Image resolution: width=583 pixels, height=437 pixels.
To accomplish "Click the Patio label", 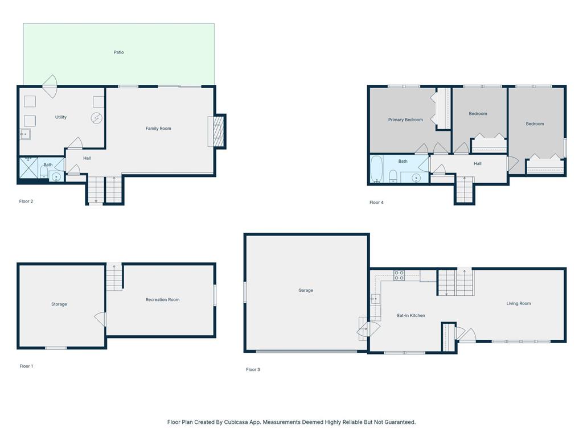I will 118,52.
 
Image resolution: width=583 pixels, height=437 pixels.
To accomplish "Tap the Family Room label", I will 158,129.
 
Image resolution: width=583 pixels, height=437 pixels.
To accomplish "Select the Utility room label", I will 61,117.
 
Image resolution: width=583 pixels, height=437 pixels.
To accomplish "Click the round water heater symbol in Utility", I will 96,118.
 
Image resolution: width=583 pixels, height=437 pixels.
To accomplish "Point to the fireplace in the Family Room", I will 217,131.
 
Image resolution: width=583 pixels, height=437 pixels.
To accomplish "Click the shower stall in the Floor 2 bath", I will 28,168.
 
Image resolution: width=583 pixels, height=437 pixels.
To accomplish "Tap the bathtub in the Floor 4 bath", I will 376,170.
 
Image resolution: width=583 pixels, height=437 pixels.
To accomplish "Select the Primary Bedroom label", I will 405,120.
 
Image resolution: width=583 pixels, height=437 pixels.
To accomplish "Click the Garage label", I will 306,290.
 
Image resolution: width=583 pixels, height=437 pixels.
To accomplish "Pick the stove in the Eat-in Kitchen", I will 399,275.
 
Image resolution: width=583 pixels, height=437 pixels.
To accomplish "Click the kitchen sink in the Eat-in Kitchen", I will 375,298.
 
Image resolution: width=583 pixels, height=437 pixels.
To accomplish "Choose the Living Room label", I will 519,303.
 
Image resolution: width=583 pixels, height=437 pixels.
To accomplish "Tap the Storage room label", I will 59,304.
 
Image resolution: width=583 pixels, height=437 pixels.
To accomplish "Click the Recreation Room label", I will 162,300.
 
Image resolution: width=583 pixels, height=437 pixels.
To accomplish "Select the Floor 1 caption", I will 26,366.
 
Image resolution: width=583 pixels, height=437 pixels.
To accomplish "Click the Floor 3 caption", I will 253,370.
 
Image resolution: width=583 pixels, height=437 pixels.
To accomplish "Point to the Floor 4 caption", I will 376,203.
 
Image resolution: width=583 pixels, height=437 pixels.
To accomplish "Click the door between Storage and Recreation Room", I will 101,320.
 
